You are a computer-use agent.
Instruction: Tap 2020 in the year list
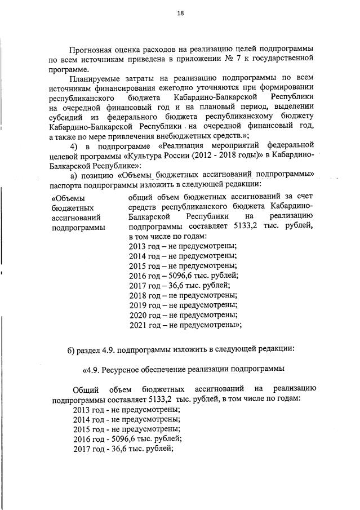point(138,314)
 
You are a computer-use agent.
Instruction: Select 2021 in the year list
point(138,324)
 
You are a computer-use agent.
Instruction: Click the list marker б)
point(72,351)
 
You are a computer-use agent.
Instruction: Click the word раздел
point(91,351)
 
